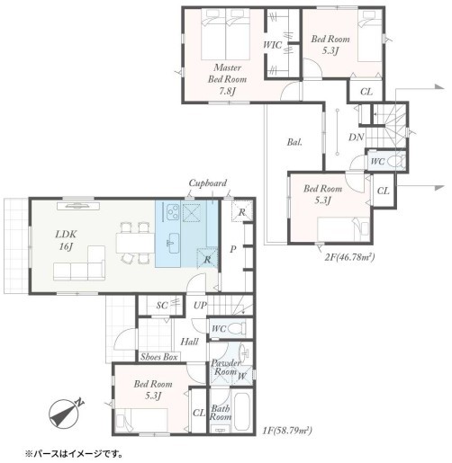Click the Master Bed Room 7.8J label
[228, 79]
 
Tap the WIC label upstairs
[273, 45]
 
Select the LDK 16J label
[66, 240]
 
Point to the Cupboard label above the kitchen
[208, 183]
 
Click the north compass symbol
[67, 412]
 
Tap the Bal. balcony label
[294, 142]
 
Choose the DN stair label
[357, 138]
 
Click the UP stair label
[200, 306]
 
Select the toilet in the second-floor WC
[395, 162]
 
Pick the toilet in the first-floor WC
[237, 328]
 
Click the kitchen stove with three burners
[172, 212]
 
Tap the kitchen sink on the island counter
[173, 243]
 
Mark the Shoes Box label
[159, 357]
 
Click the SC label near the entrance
[162, 306]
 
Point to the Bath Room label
[221, 413]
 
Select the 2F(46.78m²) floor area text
[349, 257]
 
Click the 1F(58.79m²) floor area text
[287, 431]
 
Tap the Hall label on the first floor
[189, 342]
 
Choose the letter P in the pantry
[233, 249]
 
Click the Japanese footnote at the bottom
[74, 454]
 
